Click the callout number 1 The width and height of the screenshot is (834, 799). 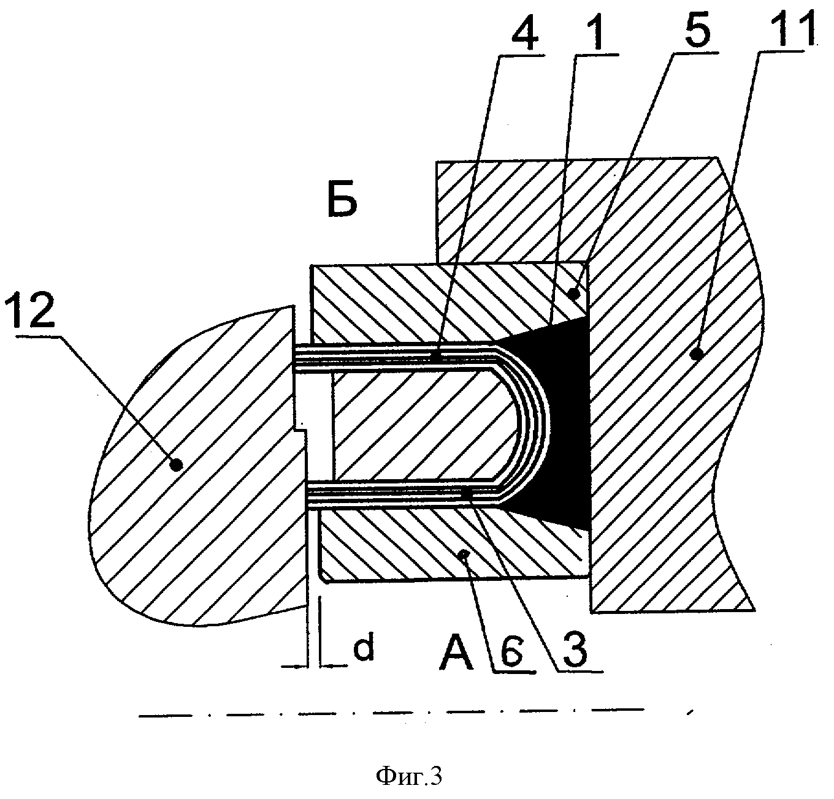594,31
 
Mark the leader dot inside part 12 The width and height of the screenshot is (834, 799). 177,464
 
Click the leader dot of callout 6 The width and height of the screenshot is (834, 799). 464,555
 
